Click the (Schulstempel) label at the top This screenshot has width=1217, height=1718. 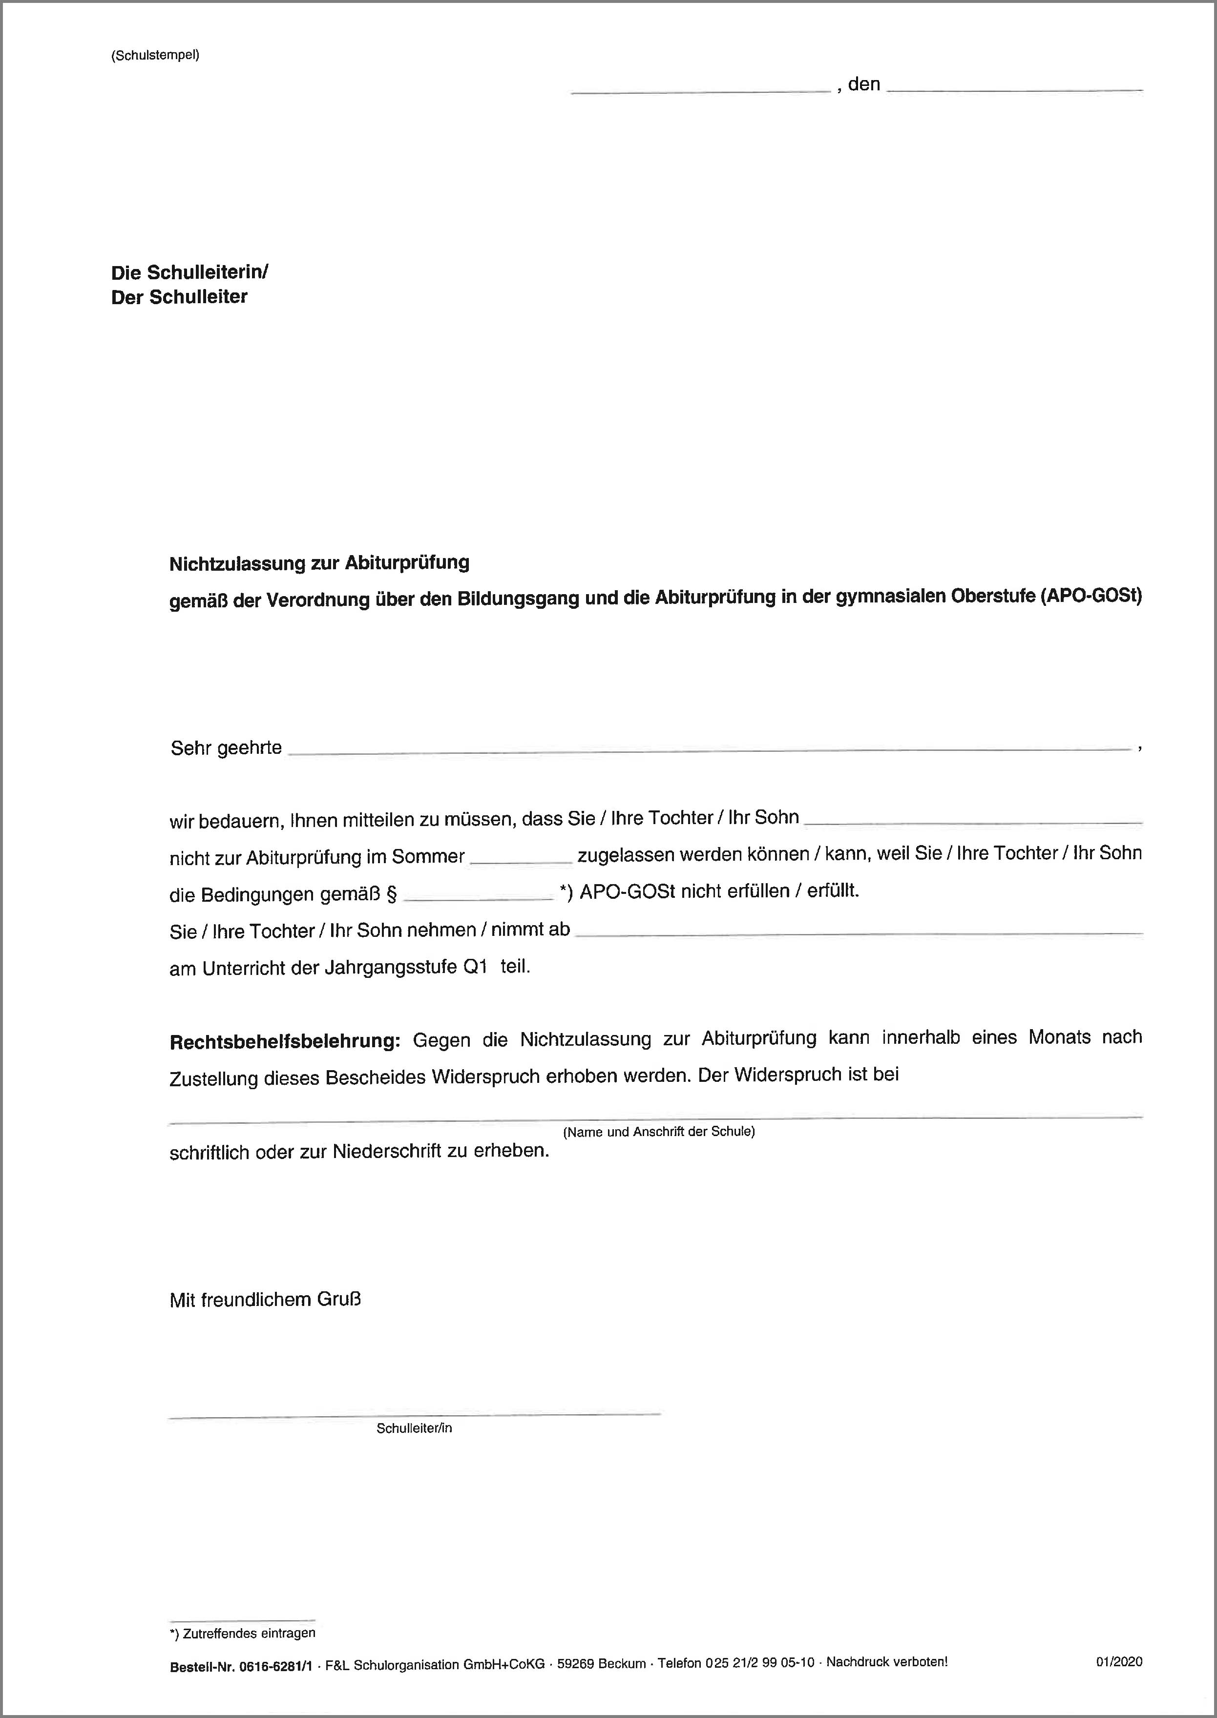[x=155, y=56]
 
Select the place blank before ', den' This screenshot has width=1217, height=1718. [x=701, y=88]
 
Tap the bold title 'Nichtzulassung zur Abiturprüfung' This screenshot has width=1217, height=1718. [x=319, y=563]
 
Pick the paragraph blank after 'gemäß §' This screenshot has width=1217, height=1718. [x=478, y=894]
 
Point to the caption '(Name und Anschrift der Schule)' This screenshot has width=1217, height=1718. [x=659, y=1131]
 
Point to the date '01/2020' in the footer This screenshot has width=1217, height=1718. [x=1119, y=1662]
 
